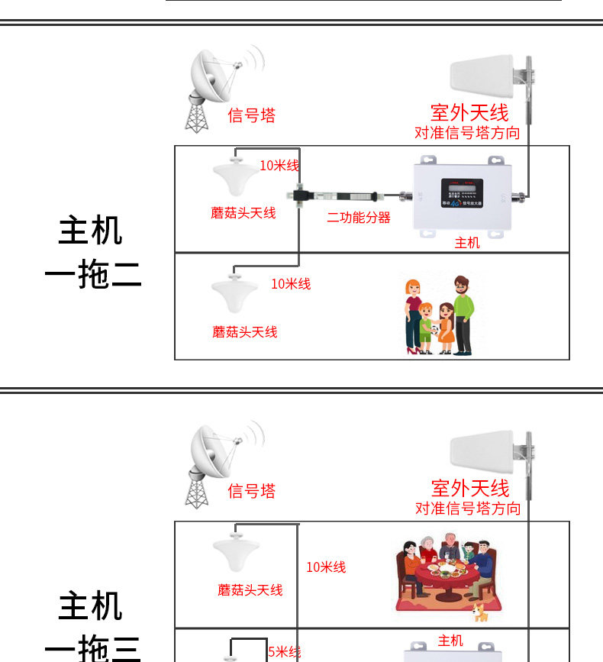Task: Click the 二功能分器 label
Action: (359, 218)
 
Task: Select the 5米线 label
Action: (285, 651)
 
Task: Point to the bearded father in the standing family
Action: (462, 313)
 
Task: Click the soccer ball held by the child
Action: (435, 330)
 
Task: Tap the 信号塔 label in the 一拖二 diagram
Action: (251, 115)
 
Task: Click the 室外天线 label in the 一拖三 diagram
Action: (469, 487)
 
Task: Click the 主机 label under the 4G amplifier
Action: (467, 243)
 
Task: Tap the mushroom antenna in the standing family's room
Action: (235, 290)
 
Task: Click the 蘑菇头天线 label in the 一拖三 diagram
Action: (250, 589)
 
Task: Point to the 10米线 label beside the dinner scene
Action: (326, 567)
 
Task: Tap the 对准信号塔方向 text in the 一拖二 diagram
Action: (467, 133)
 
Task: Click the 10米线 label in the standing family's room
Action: (291, 284)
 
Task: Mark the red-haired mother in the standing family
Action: (413, 313)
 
